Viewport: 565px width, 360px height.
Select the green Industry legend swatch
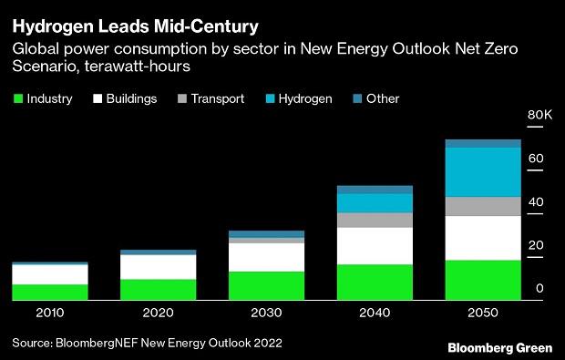[17, 98]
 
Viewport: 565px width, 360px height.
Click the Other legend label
[382, 98]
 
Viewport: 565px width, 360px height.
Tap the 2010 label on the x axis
[50, 313]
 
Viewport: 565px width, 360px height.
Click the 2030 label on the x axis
[266, 313]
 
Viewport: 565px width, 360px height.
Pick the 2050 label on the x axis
[482, 313]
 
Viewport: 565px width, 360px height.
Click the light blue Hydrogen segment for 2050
[482, 171]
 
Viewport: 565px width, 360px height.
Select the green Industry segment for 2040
[375, 282]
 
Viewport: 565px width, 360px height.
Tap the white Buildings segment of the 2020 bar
[159, 267]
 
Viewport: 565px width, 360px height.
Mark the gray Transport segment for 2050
[482, 206]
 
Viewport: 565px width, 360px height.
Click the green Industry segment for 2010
[50, 292]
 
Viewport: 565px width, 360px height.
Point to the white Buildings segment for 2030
[266, 257]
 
